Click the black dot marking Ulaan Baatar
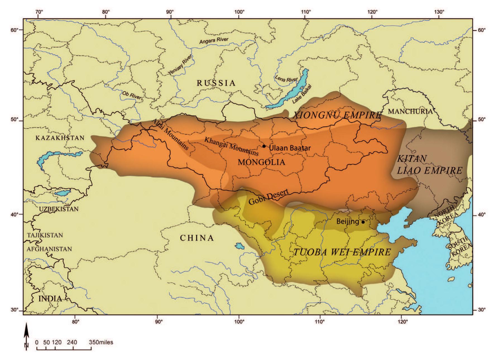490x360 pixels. (264, 146)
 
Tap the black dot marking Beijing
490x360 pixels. (363, 222)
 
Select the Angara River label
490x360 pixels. (214, 40)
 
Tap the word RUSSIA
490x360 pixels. (216, 83)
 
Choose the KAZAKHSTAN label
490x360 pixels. (60, 138)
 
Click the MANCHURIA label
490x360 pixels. (410, 111)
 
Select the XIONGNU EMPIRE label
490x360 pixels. (337, 115)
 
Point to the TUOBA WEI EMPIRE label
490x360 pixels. (342, 252)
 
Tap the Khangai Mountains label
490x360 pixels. (231, 146)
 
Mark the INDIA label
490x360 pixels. (50, 299)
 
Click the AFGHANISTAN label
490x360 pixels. (49, 249)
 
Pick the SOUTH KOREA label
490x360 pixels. (460, 246)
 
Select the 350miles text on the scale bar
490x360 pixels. (101, 342)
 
